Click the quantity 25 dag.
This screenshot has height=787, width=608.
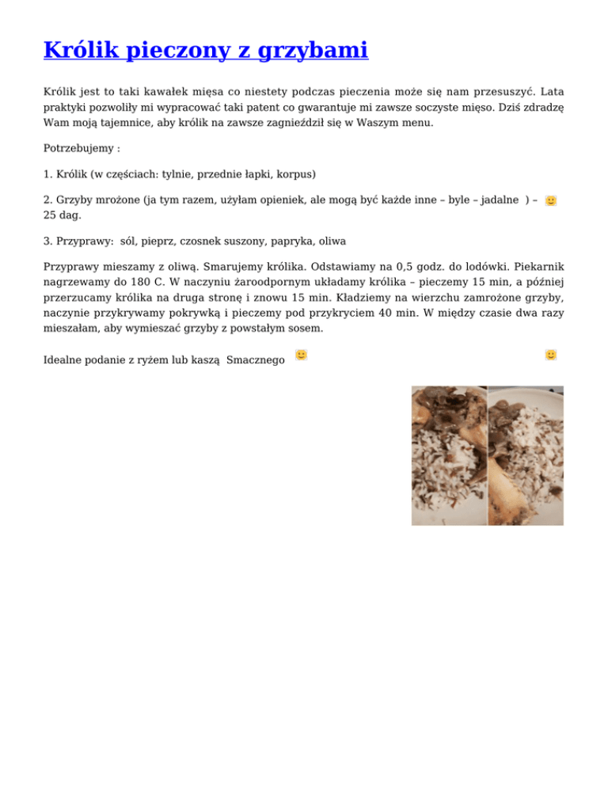click(x=62, y=215)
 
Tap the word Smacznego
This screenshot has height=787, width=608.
click(x=255, y=360)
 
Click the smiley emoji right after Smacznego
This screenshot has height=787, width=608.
click(x=301, y=355)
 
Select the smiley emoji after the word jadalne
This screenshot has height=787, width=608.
click(x=551, y=201)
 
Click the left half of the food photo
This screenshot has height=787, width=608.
click(x=449, y=455)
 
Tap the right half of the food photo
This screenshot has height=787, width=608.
click(x=526, y=455)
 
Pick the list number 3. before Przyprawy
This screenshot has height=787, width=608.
click(x=48, y=241)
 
